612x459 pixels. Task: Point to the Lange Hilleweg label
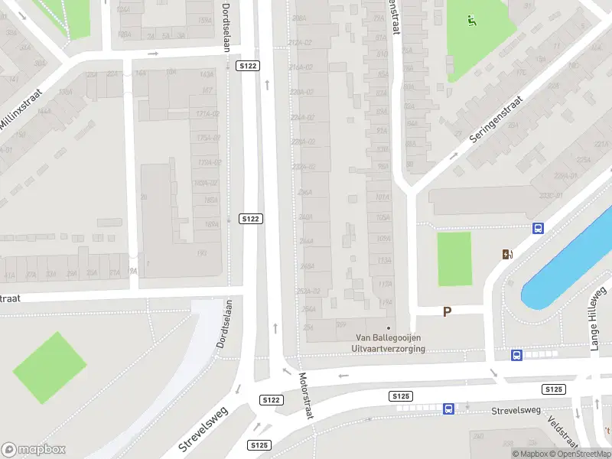[597, 319]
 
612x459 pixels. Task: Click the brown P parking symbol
[448, 311]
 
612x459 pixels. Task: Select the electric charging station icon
[506, 255]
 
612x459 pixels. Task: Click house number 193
[203, 252]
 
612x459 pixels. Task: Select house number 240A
[305, 217]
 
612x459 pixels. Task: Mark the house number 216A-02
[301, 67]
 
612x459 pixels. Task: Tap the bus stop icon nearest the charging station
[538, 228]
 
